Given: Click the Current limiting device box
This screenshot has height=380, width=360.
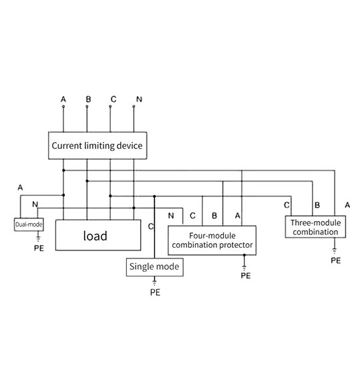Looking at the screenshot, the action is [98, 146].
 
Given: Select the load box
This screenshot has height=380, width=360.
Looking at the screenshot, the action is [98, 235].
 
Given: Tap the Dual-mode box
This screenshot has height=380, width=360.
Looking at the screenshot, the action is [29, 224].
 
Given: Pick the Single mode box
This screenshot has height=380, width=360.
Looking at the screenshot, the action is [155, 267].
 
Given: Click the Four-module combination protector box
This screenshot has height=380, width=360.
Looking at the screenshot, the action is [212, 240].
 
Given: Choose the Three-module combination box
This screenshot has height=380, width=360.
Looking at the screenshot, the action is [315, 227].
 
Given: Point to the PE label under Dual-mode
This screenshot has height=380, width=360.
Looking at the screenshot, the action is [39, 248].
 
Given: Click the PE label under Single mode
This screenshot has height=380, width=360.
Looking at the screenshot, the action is [155, 293].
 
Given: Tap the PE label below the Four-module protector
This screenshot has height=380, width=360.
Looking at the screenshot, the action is [246, 276].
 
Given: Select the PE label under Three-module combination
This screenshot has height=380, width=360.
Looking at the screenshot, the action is [336, 260].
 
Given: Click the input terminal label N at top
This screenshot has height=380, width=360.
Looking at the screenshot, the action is [139, 99].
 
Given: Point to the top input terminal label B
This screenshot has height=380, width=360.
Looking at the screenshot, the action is [88, 99].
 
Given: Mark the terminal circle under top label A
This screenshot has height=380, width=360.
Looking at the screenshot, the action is [63, 106].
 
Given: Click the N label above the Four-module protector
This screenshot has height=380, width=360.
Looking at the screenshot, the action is [171, 216].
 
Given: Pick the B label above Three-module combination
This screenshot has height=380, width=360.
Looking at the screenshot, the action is [317, 205].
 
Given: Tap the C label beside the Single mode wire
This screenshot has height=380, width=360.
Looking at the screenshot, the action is [151, 226].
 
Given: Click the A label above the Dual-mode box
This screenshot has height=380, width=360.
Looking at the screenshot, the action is [20, 188].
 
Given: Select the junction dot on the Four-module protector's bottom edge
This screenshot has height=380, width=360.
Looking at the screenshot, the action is [244, 255].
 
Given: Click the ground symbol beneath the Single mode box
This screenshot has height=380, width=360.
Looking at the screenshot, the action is [154, 282].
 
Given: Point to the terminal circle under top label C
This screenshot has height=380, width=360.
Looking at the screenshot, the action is [110, 106].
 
